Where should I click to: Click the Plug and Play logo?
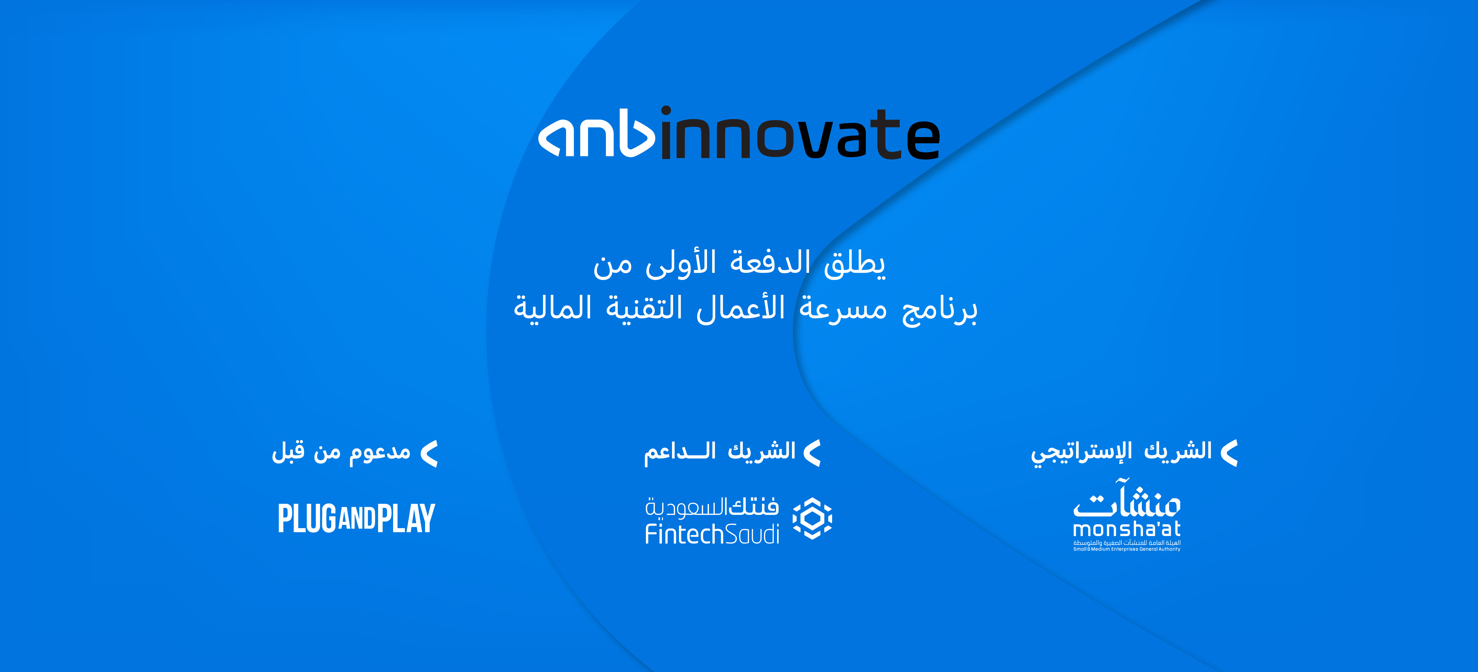pyautogui.click(x=356, y=518)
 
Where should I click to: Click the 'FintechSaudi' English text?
pyautogui.click(x=712, y=534)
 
